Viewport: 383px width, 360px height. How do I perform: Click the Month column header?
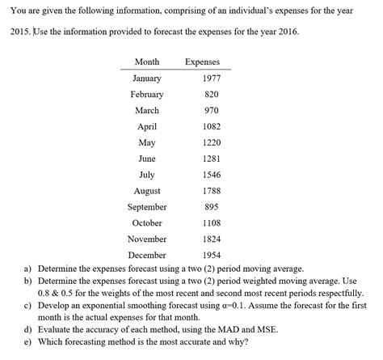point(146,62)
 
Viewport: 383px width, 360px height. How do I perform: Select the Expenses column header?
point(202,62)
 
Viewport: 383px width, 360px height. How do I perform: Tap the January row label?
point(146,78)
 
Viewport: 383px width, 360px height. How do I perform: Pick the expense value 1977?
point(211,78)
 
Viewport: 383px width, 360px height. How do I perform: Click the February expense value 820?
point(211,95)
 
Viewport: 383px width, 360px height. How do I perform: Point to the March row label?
point(146,111)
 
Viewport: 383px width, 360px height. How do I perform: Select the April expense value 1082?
point(211,127)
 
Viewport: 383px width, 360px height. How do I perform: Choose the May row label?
point(146,142)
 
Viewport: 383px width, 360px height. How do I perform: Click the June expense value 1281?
point(211,159)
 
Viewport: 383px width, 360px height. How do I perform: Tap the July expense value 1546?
point(211,175)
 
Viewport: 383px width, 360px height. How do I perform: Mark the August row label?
point(146,191)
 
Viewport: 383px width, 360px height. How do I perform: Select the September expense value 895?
point(211,206)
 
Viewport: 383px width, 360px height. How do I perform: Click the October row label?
point(146,222)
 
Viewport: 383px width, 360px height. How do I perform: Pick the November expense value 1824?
point(211,239)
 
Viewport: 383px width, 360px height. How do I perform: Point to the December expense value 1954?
point(211,255)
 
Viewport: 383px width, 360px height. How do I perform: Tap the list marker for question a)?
point(27,268)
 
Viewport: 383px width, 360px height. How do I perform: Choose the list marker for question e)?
point(27,341)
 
